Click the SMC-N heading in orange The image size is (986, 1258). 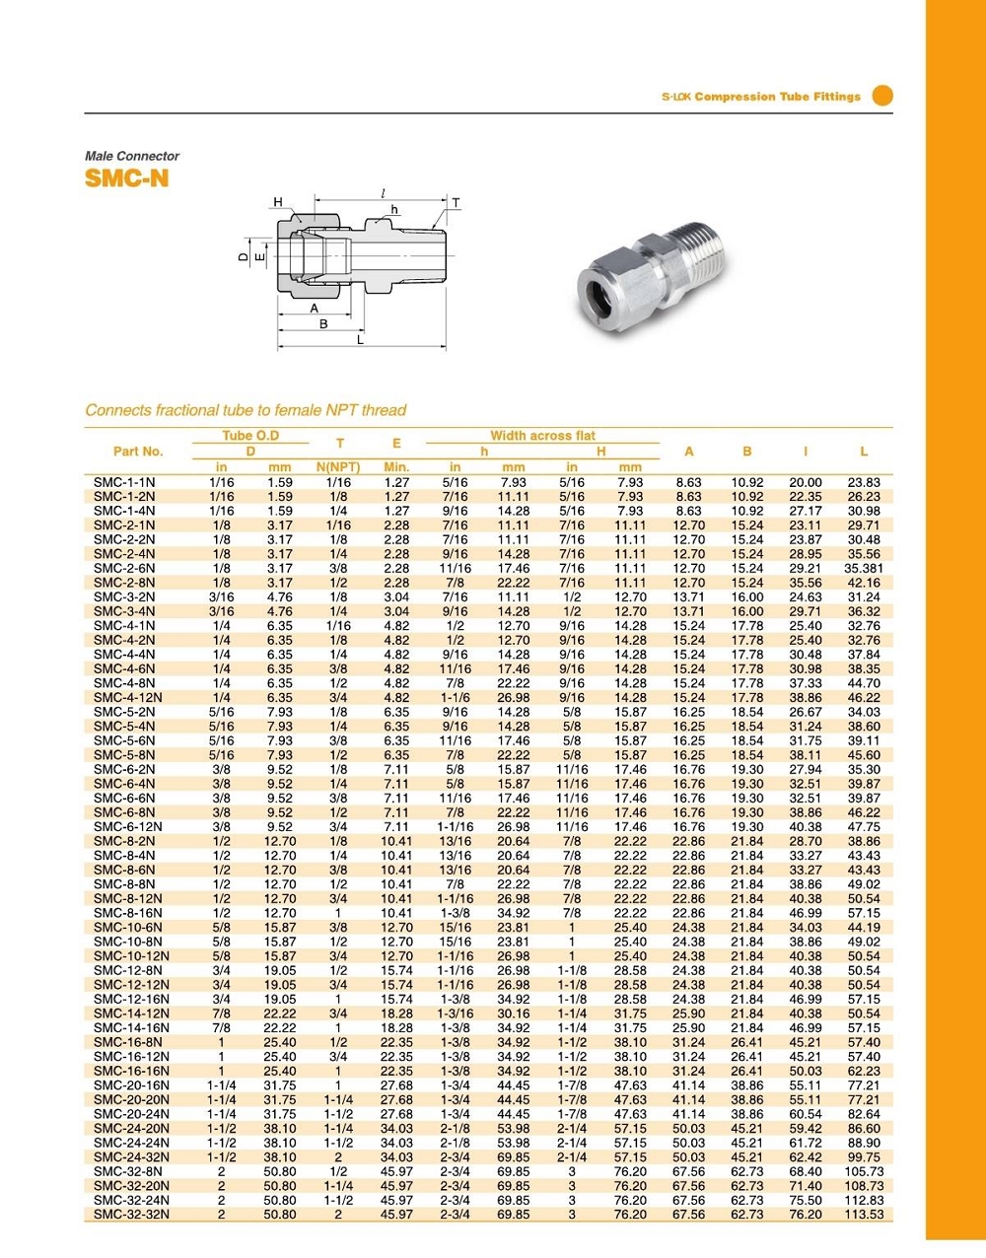[x=127, y=178]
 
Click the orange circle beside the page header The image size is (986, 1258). [x=882, y=96]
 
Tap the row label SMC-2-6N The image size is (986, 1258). [x=124, y=569]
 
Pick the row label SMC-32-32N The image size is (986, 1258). [x=131, y=1215]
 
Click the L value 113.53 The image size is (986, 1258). [x=864, y=1215]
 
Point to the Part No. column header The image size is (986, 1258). [x=138, y=452]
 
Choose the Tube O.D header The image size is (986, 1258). [x=250, y=436]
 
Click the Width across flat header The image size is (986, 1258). [x=542, y=436]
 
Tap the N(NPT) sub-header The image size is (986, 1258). [x=338, y=467]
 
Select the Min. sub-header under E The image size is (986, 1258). [x=396, y=467]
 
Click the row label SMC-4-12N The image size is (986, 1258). [x=128, y=698]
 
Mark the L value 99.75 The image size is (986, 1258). [x=864, y=1157]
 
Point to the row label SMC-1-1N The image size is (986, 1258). [x=124, y=482]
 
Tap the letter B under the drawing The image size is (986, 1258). [x=323, y=324]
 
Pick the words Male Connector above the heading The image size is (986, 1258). [x=132, y=156]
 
